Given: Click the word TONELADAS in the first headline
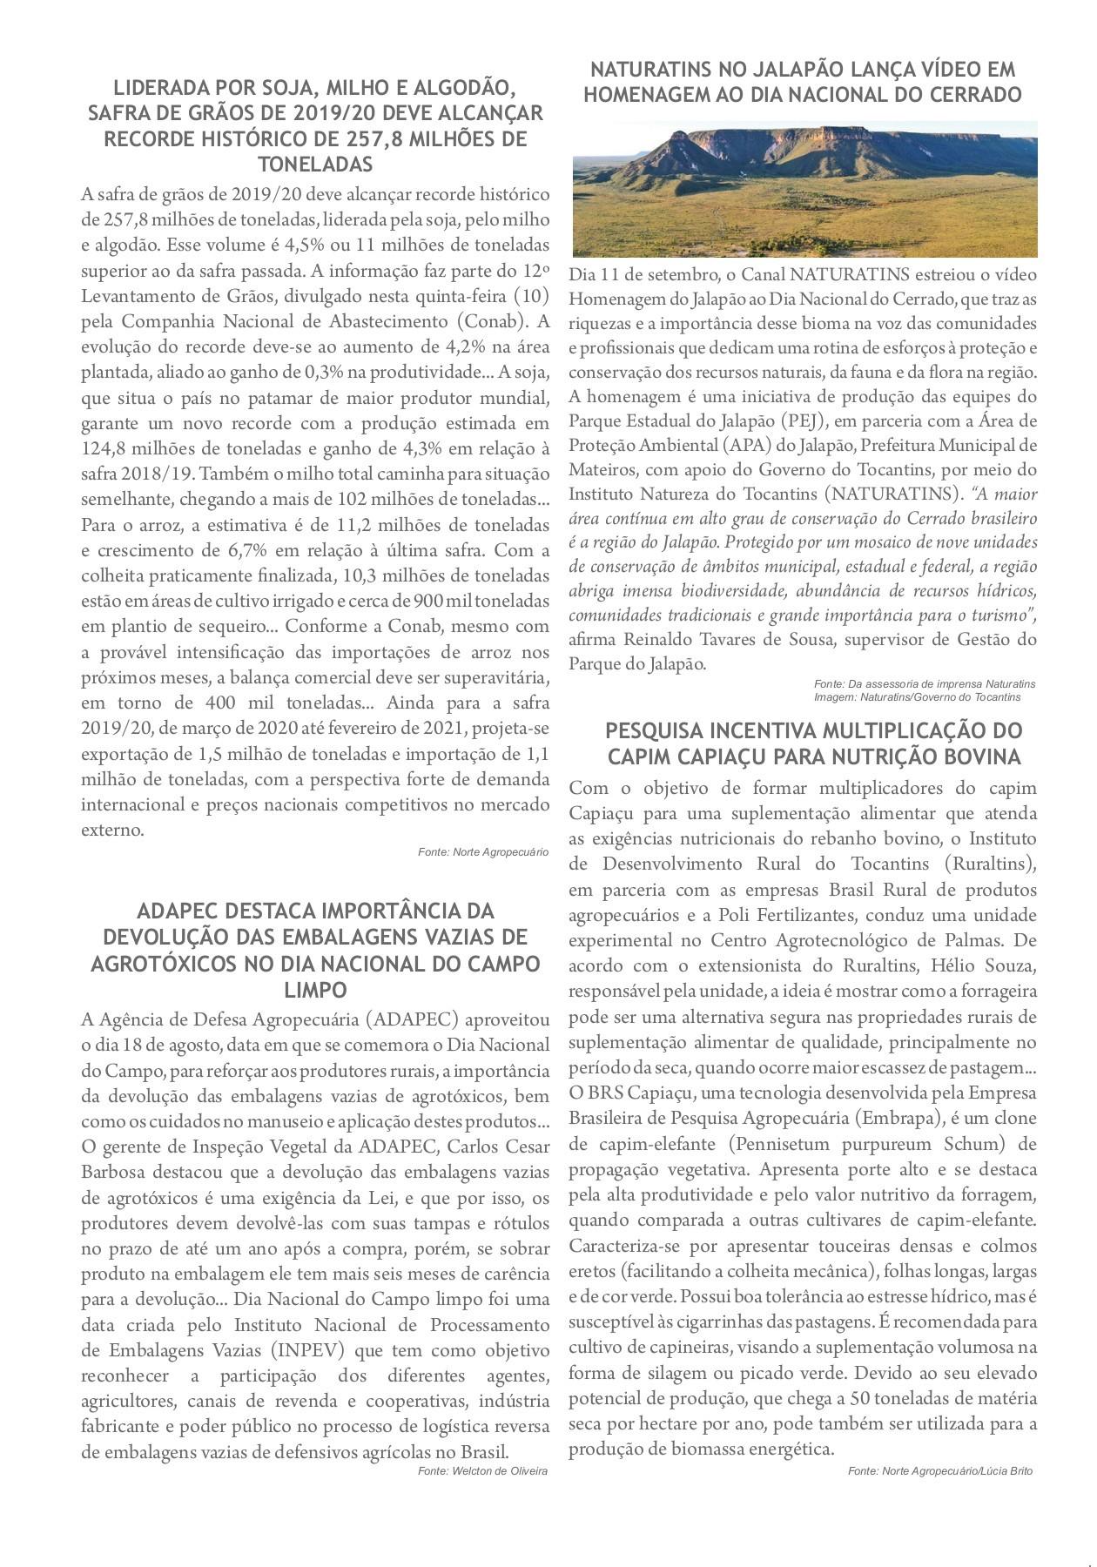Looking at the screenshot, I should click(315, 165).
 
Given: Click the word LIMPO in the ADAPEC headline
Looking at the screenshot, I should click(315, 990).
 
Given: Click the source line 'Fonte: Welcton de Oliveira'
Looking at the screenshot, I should click(482, 1471).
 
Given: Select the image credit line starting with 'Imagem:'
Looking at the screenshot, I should click(918, 697).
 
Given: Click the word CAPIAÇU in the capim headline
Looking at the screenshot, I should click(726, 757).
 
